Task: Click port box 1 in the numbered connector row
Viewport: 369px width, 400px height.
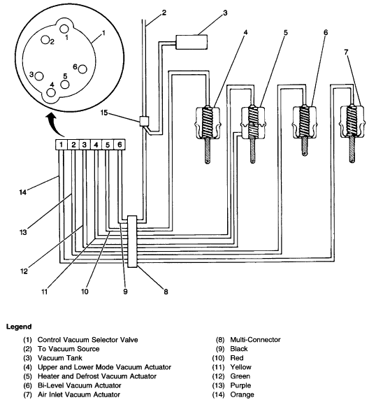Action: [62, 145]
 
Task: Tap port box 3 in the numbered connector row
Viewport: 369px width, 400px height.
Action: [85, 145]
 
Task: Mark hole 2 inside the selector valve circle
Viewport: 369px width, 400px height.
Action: [44, 41]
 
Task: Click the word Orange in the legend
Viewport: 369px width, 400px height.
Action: [241, 394]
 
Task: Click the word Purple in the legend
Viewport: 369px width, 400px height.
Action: [240, 385]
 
